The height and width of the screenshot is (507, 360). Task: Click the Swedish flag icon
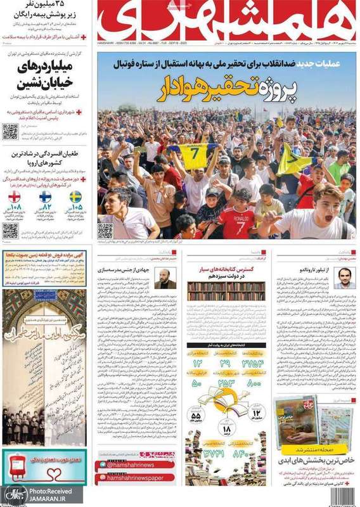tap(75, 196)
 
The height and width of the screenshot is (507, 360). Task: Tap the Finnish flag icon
tap(46, 196)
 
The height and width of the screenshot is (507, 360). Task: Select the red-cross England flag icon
tap(15, 196)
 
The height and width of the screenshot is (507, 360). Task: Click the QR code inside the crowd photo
tap(105, 230)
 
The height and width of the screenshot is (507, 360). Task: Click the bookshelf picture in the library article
tap(225, 291)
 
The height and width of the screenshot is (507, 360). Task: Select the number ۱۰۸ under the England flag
tap(15, 207)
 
